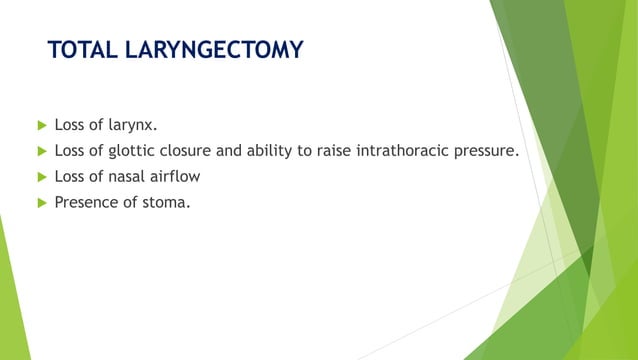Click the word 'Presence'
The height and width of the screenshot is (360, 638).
point(87,203)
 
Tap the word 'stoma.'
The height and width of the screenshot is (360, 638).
point(166,203)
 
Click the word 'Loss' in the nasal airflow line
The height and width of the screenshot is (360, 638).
point(71,177)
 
